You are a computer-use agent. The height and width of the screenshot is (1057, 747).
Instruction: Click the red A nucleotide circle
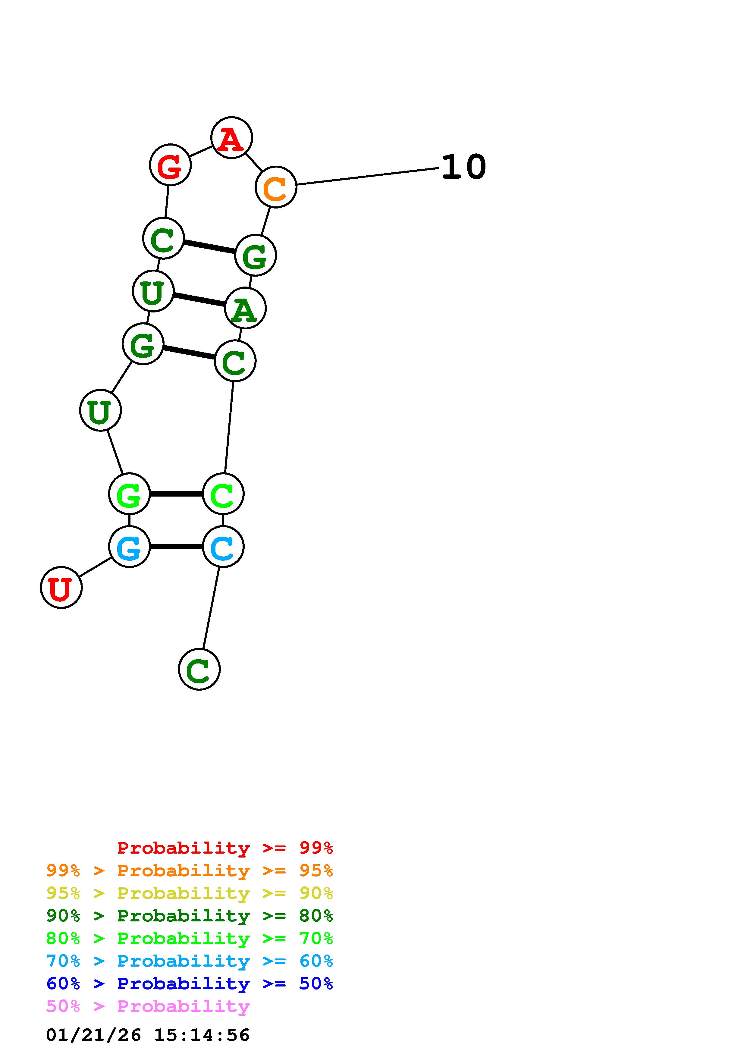231,138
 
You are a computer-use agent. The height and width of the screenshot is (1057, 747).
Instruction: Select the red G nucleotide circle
170,165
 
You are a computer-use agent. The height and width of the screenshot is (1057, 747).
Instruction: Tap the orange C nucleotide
276,187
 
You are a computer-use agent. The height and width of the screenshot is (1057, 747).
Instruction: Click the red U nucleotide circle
61,588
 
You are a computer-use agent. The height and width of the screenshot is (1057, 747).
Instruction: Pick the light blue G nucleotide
129,547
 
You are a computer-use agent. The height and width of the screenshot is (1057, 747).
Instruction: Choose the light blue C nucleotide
223,547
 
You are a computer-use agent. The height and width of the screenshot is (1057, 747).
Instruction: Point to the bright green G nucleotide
129,494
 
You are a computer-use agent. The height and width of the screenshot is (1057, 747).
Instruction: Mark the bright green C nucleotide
223,494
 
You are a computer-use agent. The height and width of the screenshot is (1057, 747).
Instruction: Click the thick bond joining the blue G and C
176,547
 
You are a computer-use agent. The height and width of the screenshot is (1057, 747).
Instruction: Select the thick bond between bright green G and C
176,494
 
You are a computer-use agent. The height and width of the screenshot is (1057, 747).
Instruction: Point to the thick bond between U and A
199,300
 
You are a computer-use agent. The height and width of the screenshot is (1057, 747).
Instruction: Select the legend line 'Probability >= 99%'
224,848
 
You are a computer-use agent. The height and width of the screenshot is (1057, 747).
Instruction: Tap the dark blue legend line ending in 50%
189,983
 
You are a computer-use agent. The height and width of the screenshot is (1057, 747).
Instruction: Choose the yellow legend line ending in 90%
189,893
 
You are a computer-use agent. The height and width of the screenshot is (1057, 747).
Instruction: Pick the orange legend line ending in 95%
189,870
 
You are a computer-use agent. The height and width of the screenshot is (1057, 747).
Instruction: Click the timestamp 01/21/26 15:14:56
148,1035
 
